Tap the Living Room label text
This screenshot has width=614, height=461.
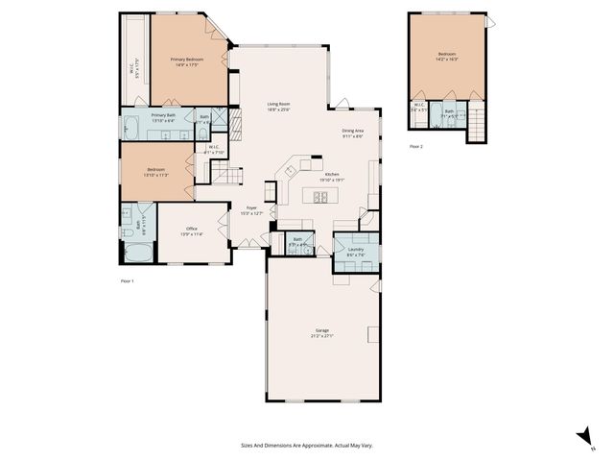pos(278,104)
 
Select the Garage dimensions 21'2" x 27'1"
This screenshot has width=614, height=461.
pos(320,335)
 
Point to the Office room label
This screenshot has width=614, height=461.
pos(191,228)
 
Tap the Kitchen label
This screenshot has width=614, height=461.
pos(331,174)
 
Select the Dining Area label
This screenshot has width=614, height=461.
pos(352,131)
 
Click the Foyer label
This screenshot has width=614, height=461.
pos(251,207)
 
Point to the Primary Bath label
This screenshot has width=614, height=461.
pos(163,115)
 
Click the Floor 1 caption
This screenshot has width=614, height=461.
pos(127,280)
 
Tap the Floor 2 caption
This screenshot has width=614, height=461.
pos(415,146)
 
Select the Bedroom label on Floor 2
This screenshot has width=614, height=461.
pos(447,54)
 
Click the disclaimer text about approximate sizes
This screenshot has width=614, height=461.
pos(307,445)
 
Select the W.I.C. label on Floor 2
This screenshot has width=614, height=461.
pos(419,107)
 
